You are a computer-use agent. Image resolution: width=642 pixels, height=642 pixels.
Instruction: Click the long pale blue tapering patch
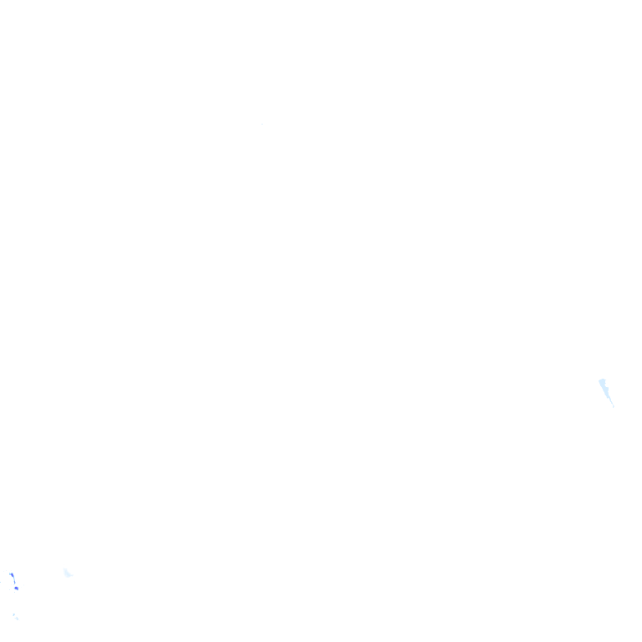[605, 390]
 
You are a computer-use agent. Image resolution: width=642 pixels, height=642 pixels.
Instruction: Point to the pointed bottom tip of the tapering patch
[614, 407]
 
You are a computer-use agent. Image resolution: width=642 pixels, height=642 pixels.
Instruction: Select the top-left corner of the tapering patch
[599, 380]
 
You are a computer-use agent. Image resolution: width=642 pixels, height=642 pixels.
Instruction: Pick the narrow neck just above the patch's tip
[611, 402]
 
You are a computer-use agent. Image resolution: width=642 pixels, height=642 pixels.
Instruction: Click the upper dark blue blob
[12, 575]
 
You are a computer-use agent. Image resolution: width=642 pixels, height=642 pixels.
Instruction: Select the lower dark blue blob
[16, 588]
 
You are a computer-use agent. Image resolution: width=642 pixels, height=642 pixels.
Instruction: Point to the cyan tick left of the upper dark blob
[9, 573]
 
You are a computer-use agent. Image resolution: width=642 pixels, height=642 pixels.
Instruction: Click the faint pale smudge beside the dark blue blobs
[68, 573]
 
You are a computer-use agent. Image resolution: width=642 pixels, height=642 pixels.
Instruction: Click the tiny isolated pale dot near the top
[262, 124]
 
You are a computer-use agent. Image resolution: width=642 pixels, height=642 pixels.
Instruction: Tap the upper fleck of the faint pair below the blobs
[13, 615]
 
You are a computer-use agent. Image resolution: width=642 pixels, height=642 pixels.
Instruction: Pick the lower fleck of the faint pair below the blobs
[17, 619]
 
